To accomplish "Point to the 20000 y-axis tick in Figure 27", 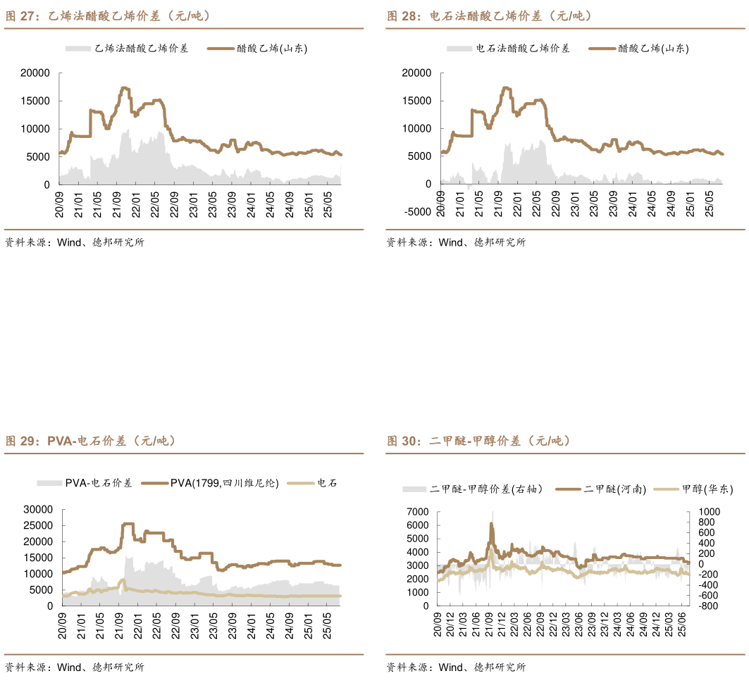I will click(35, 73).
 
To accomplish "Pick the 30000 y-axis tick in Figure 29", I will click(38, 509).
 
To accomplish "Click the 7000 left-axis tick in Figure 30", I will click(418, 511).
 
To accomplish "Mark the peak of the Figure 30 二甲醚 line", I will click(492, 522).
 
